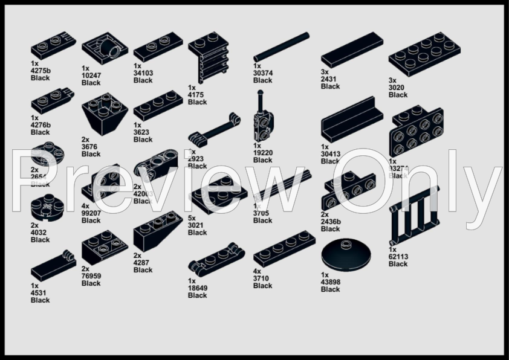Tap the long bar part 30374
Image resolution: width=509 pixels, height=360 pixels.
click(280, 47)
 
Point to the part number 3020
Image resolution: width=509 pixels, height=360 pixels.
click(398, 87)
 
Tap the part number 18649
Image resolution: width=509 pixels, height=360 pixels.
click(197, 288)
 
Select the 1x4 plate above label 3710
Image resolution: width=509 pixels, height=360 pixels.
click(284, 254)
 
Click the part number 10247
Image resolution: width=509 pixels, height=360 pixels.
click(91, 76)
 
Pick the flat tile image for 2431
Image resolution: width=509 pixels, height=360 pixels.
click(351, 50)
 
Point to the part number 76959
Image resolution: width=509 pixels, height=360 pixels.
click(91, 276)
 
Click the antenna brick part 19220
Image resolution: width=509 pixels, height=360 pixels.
click(263, 118)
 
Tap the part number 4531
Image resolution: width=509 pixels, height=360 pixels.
click(40, 293)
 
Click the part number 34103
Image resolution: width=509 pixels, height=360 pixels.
click(143, 73)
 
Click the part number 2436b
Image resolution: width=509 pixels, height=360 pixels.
click(331, 222)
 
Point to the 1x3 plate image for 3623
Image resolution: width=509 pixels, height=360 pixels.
click(158, 105)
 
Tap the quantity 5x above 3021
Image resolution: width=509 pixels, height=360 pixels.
click(192, 218)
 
